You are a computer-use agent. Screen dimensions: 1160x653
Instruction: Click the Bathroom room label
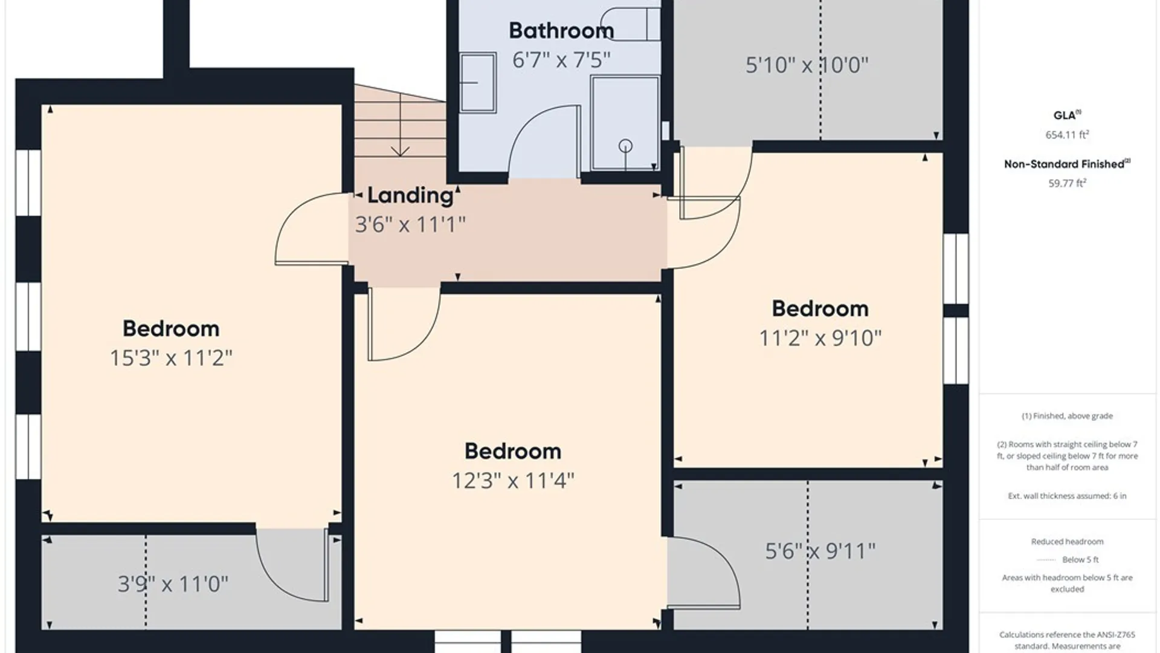click(561, 31)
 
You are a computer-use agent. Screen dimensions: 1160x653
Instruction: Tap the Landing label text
click(411, 195)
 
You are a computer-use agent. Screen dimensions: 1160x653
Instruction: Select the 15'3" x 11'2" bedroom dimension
click(171, 358)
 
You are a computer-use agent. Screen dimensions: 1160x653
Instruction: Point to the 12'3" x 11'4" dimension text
click(513, 481)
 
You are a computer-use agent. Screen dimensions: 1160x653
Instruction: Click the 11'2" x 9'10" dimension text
click(820, 338)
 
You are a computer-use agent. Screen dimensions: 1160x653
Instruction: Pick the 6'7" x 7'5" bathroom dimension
click(561, 60)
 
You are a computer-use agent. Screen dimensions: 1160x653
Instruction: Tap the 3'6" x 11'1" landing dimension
click(410, 224)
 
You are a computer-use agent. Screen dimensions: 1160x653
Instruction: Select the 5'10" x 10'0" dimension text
click(807, 65)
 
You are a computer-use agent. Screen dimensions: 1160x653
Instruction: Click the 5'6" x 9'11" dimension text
click(820, 551)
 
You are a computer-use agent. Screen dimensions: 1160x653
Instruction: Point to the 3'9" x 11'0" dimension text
click(173, 584)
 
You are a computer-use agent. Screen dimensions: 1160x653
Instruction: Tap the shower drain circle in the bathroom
click(626, 146)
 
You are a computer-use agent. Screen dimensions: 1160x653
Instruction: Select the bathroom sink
click(478, 83)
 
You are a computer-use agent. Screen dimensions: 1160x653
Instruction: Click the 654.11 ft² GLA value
click(1068, 135)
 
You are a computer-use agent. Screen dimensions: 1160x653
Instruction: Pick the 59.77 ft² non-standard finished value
click(1068, 183)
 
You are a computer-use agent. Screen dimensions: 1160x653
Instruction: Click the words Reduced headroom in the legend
click(1068, 542)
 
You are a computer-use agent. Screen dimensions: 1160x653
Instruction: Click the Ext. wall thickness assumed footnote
click(1068, 496)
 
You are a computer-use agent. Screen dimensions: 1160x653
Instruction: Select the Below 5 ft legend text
click(1081, 560)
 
